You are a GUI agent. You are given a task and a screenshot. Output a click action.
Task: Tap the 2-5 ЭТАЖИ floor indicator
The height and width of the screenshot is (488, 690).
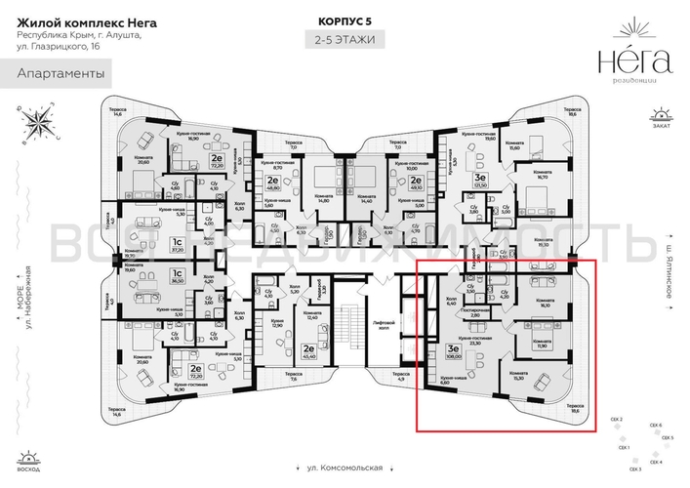[x=345, y=40]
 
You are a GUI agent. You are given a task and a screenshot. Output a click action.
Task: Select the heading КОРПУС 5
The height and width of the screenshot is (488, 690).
[x=345, y=20]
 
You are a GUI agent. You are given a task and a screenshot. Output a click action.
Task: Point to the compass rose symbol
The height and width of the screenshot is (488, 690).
[x=40, y=121]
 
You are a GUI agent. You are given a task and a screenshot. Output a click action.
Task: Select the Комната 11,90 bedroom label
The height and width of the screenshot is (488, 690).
[x=539, y=342]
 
